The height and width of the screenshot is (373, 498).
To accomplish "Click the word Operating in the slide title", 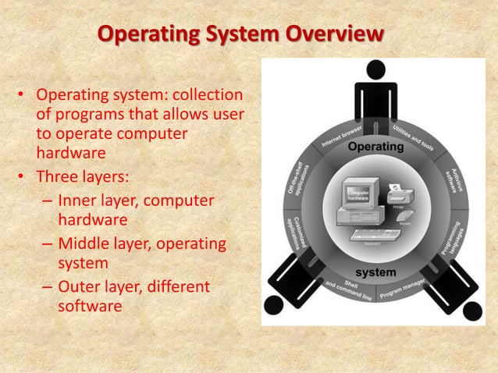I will (x=148, y=34).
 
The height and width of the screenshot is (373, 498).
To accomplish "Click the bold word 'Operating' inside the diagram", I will (x=375, y=147).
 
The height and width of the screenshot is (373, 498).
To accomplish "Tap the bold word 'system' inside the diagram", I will (x=375, y=272).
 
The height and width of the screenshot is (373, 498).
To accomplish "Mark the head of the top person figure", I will (x=376, y=69).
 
